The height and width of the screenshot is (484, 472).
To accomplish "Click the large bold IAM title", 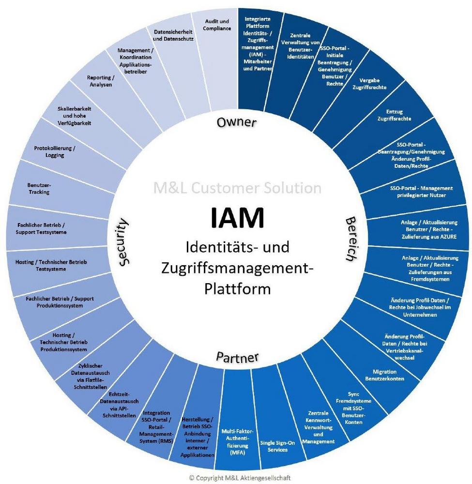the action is pos(237,218).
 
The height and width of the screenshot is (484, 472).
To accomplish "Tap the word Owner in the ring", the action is pos(236,122).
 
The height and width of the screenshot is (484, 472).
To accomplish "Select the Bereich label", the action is pos(351,239).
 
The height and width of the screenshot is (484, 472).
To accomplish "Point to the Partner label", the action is pos(237,357).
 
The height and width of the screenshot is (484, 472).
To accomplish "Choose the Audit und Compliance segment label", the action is pos(217,25).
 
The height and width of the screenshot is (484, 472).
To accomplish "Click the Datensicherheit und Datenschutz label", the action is pos(173,35).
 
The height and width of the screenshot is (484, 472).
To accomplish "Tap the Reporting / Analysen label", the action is pos(101,81).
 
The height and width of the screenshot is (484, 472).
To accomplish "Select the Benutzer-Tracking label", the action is pos(39,188).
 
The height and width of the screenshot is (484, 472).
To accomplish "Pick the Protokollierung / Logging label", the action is pos(55,151).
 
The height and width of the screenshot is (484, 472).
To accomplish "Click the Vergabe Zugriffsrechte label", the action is pos(369,84).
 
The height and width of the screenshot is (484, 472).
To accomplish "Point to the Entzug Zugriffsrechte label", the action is pos(394,115).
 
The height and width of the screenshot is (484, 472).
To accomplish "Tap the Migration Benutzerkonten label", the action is pos(384,375).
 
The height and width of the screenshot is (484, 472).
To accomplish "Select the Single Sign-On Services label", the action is pos(277,446).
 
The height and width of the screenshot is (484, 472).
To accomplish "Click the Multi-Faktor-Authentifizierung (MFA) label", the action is pos(237,442).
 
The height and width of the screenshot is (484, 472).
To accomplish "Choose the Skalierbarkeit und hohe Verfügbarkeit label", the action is pos(74,116).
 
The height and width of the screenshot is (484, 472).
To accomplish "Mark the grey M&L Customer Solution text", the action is pos(237,188).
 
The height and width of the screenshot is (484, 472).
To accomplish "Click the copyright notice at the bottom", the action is pos(240,478).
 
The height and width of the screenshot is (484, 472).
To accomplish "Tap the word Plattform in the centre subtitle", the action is pos(237,289).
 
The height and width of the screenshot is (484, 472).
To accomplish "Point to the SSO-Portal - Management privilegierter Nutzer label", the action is pos(421,191).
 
